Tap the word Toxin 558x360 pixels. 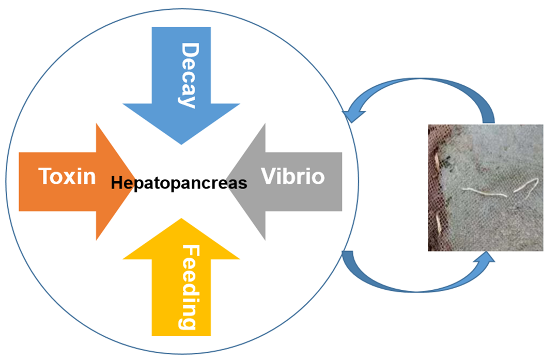[67, 176]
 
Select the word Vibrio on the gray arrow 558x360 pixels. [293, 176]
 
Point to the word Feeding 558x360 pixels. [188, 287]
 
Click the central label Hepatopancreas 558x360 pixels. [179, 183]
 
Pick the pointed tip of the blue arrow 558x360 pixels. [181, 144]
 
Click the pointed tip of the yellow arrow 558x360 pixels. [181, 218]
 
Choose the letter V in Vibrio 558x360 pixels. [269, 176]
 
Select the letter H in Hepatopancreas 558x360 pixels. [117, 183]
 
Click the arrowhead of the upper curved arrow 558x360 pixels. [353, 115]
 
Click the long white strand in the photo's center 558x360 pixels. [485, 193]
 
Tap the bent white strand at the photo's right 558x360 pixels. [526, 186]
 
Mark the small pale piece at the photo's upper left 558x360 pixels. [437, 161]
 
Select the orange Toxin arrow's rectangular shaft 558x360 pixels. [57, 182]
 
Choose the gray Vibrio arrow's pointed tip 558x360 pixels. [228, 182]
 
